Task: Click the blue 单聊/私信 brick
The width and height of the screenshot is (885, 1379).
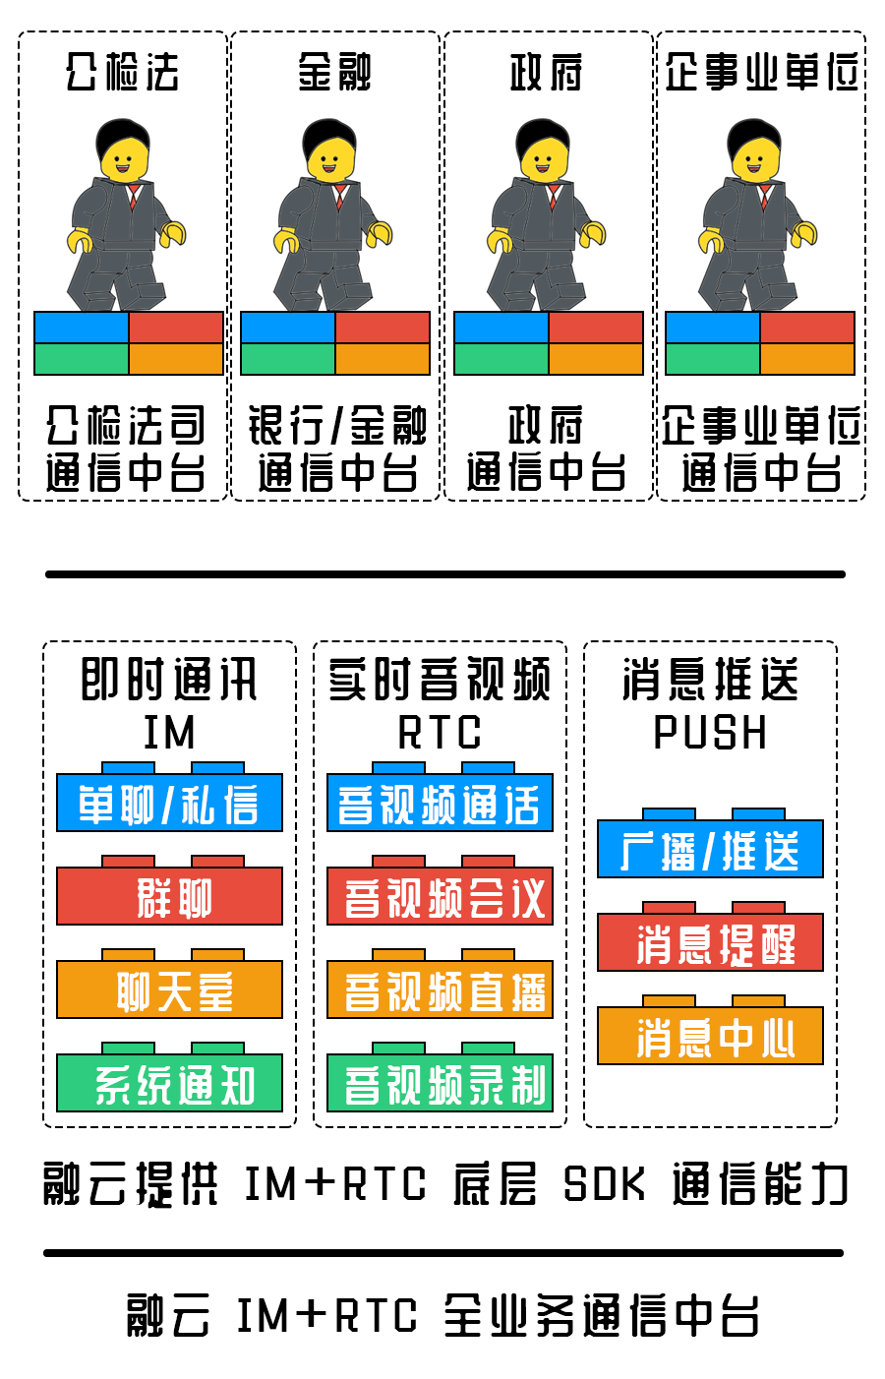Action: click(169, 804)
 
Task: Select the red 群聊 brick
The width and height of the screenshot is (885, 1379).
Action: click(169, 897)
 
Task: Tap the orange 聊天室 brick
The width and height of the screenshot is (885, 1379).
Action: click(169, 990)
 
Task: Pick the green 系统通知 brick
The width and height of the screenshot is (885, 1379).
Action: click(169, 1084)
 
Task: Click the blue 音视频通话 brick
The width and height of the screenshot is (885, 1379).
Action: click(440, 804)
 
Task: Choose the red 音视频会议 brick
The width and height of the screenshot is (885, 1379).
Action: click(440, 897)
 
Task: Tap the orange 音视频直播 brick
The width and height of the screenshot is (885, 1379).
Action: click(440, 990)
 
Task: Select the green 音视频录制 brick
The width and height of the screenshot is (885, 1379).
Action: click(440, 1084)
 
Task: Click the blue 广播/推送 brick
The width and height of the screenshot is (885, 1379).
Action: click(710, 850)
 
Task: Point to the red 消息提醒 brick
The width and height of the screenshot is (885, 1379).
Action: click(710, 943)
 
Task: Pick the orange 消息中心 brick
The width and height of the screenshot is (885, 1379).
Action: click(710, 1037)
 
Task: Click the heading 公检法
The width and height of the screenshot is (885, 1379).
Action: click(123, 72)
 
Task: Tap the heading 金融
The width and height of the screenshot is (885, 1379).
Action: click(335, 72)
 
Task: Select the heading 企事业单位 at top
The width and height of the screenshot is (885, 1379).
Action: click(761, 72)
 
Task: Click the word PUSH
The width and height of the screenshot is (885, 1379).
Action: click(710, 733)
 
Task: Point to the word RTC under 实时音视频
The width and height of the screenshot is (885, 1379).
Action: click(440, 733)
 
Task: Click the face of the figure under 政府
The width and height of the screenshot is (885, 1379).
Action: click(545, 159)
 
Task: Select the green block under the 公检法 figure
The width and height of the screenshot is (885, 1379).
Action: click(82, 359)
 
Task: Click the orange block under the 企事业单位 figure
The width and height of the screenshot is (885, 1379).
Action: click(807, 359)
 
